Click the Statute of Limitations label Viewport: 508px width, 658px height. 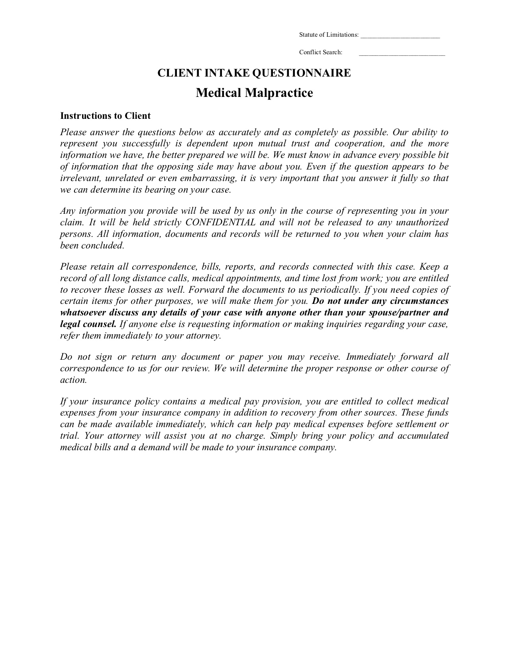329,35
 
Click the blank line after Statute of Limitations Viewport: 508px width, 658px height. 400,35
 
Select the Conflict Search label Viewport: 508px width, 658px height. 321,52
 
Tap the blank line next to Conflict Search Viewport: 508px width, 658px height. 402,53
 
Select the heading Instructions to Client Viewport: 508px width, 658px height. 105,116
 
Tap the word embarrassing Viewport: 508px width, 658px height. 208,178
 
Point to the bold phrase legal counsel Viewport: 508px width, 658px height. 88,324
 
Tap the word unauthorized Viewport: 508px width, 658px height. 422,223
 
